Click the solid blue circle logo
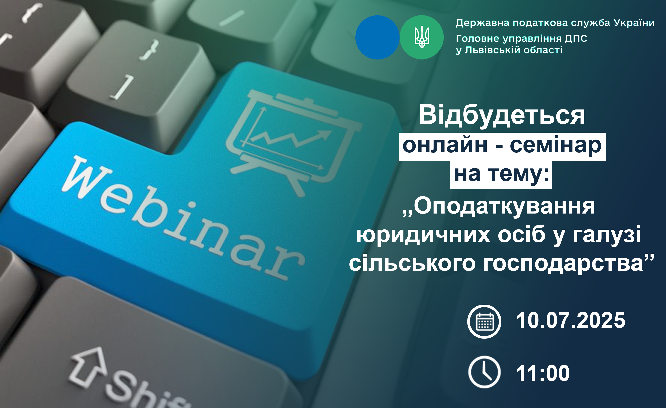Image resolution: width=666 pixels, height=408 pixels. [x=377, y=37]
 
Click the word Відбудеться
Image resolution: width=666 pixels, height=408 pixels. [x=502, y=116]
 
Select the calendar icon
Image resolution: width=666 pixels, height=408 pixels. [x=484, y=321]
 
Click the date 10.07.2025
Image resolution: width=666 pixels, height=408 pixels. [x=571, y=320]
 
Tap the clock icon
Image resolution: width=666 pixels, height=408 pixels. [x=484, y=372]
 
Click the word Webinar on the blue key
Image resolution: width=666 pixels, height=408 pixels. [x=184, y=218]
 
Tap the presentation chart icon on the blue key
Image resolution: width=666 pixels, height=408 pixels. [x=293, y=142]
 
